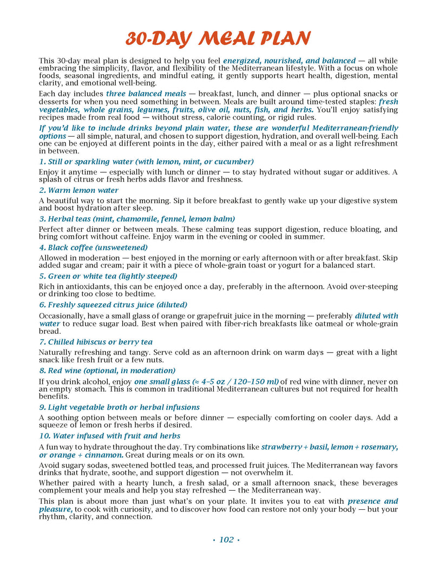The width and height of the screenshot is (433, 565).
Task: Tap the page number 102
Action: [226, 540]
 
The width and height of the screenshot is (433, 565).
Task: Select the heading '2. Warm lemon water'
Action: [78, 190]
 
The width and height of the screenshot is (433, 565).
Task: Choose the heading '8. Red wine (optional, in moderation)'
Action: [107, 371]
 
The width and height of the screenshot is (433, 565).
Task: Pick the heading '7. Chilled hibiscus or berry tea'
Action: [95, 342]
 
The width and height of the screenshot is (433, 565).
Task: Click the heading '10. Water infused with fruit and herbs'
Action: [109, 436]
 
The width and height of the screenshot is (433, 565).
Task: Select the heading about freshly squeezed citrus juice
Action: [113, 304]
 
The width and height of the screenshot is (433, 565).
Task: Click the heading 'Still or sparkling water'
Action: [146, 161]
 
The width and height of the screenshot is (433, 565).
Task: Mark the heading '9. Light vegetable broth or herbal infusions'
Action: [119, 407]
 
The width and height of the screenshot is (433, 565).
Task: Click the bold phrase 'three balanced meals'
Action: [146, 94]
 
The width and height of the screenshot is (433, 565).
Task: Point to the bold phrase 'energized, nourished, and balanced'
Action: [289, 61]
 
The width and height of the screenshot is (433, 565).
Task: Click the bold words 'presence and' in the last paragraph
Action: [372, 501]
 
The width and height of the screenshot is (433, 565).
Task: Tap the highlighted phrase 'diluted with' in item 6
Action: [376, 316]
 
